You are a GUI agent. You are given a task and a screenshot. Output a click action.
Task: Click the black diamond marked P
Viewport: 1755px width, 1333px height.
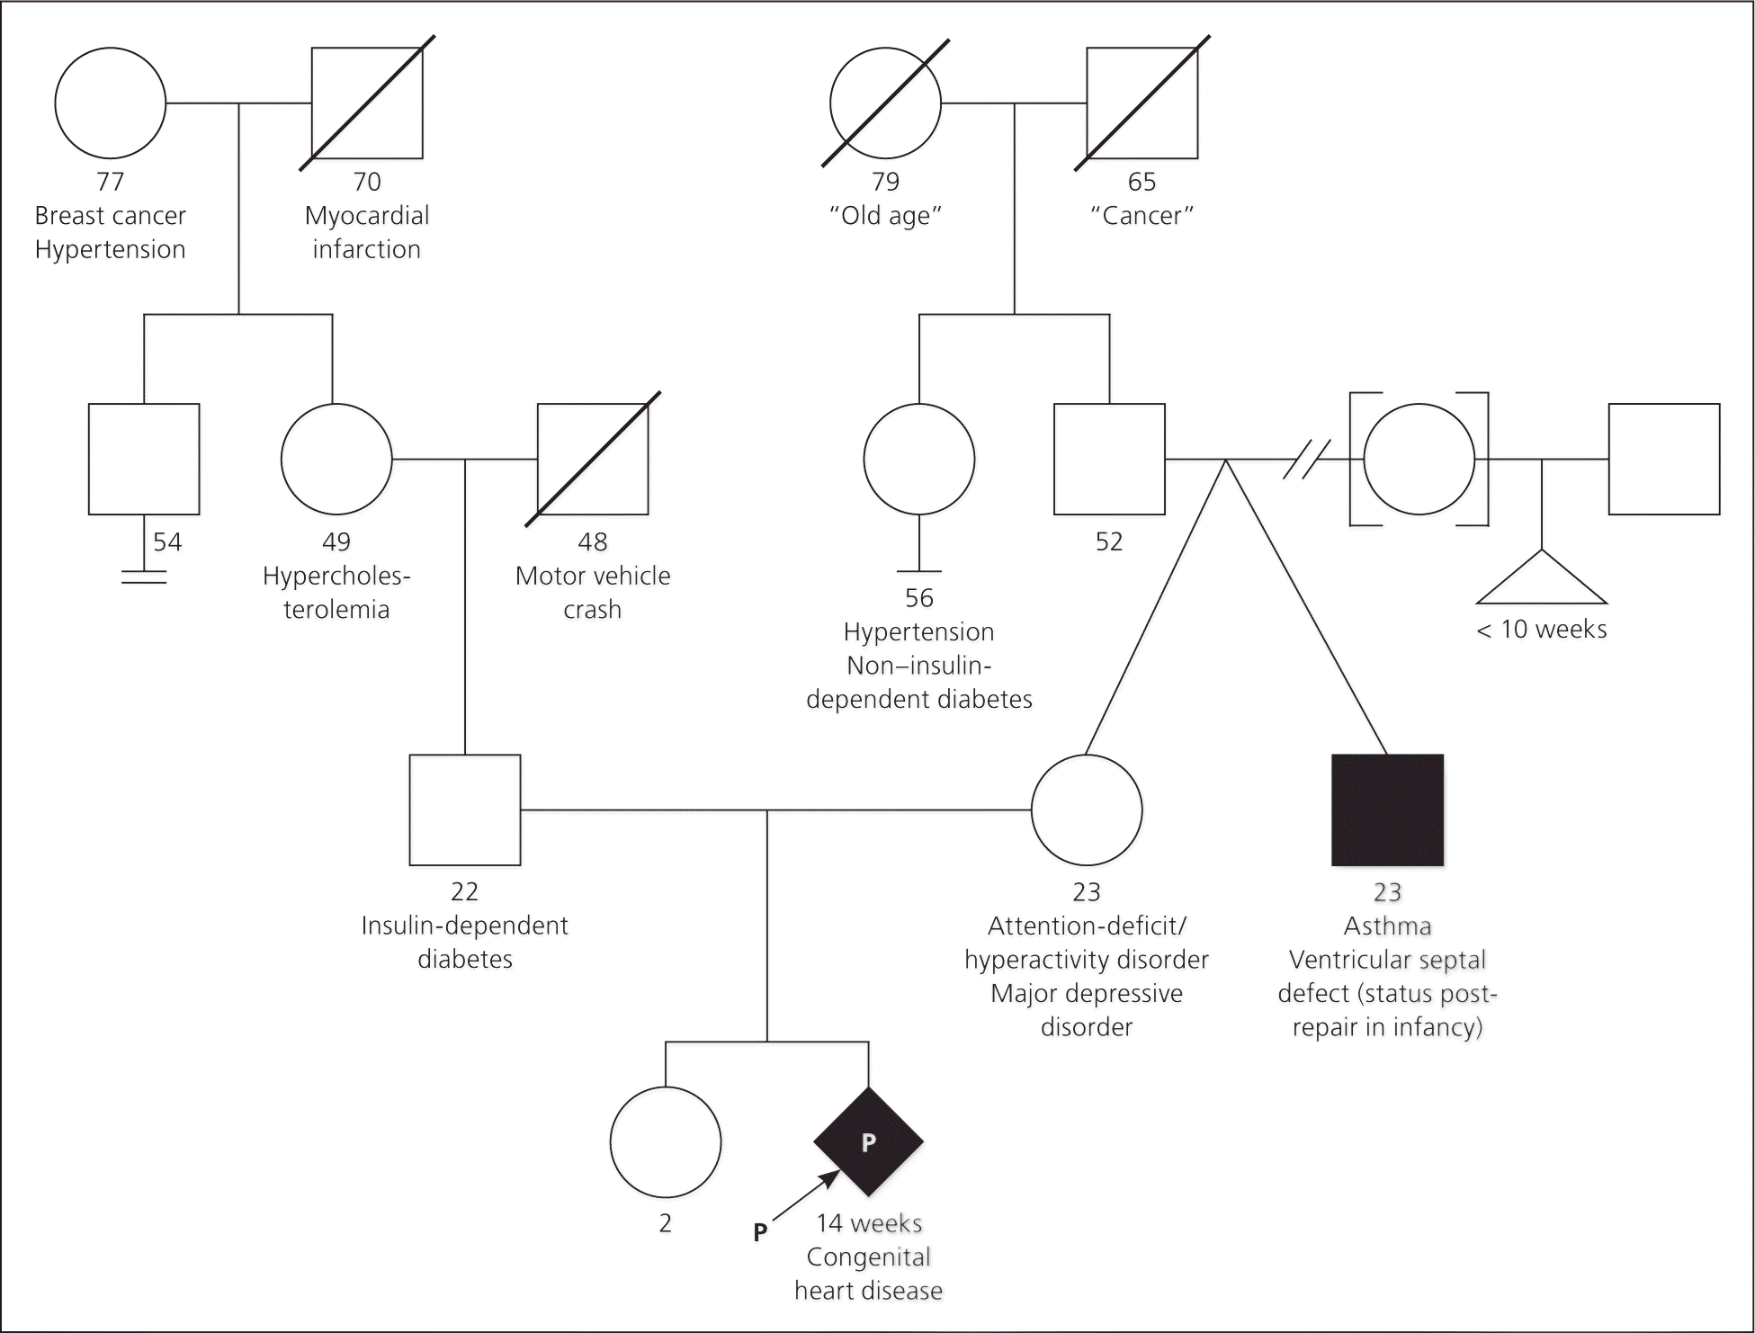pos(868,1141)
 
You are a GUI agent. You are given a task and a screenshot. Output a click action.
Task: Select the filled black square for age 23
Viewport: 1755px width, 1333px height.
pos(1387,810)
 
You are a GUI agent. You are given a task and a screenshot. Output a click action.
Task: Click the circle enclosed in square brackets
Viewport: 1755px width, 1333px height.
pos(1419,459)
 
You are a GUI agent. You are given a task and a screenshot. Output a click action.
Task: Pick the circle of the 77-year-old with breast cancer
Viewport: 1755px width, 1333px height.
pos(111,103)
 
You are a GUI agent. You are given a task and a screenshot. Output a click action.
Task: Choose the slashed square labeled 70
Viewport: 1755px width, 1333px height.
pos(367,103)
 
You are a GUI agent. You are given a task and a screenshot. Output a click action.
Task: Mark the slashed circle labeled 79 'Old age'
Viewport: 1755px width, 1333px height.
pos(885,103)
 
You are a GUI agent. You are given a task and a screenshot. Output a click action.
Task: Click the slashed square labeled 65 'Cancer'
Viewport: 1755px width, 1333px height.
pos(1142,103)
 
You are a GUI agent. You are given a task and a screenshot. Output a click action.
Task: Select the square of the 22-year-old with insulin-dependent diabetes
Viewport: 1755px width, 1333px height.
pos(465,810)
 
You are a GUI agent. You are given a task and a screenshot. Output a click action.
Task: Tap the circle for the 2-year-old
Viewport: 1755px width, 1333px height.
pos(666,1141)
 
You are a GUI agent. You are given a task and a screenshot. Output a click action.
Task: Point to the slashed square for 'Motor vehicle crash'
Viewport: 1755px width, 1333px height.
pos(593,459)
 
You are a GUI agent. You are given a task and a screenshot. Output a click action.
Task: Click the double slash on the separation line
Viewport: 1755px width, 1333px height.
pos(1306,459)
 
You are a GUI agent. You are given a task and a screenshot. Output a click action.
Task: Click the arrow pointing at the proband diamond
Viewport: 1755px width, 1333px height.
pos(806,1196)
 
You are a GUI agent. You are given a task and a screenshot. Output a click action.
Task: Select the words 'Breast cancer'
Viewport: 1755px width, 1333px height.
pos(111,216)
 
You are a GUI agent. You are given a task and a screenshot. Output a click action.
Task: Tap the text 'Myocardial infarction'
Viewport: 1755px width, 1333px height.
pos(367,232)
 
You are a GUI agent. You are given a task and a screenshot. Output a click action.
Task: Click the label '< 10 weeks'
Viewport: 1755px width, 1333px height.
pos(1542,630)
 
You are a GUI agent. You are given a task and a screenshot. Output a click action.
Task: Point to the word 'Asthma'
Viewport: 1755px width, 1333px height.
pos(1387,926)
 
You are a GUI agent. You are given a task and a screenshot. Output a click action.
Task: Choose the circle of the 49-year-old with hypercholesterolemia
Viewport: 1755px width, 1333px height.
pos(336,459)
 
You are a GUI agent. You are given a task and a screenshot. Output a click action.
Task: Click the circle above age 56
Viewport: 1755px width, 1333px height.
pos(918,459)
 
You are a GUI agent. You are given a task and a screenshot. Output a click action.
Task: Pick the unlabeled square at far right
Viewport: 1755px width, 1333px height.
pos(1664,459)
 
